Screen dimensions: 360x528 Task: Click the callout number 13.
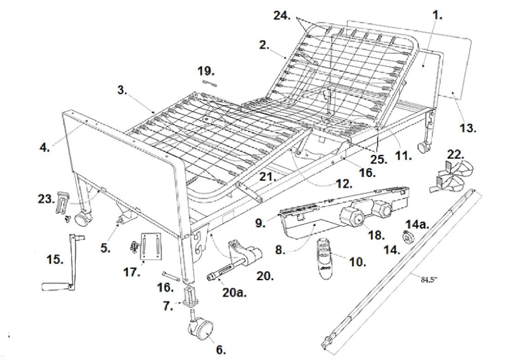(468, 128)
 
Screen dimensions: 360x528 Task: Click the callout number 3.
(122, 90)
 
